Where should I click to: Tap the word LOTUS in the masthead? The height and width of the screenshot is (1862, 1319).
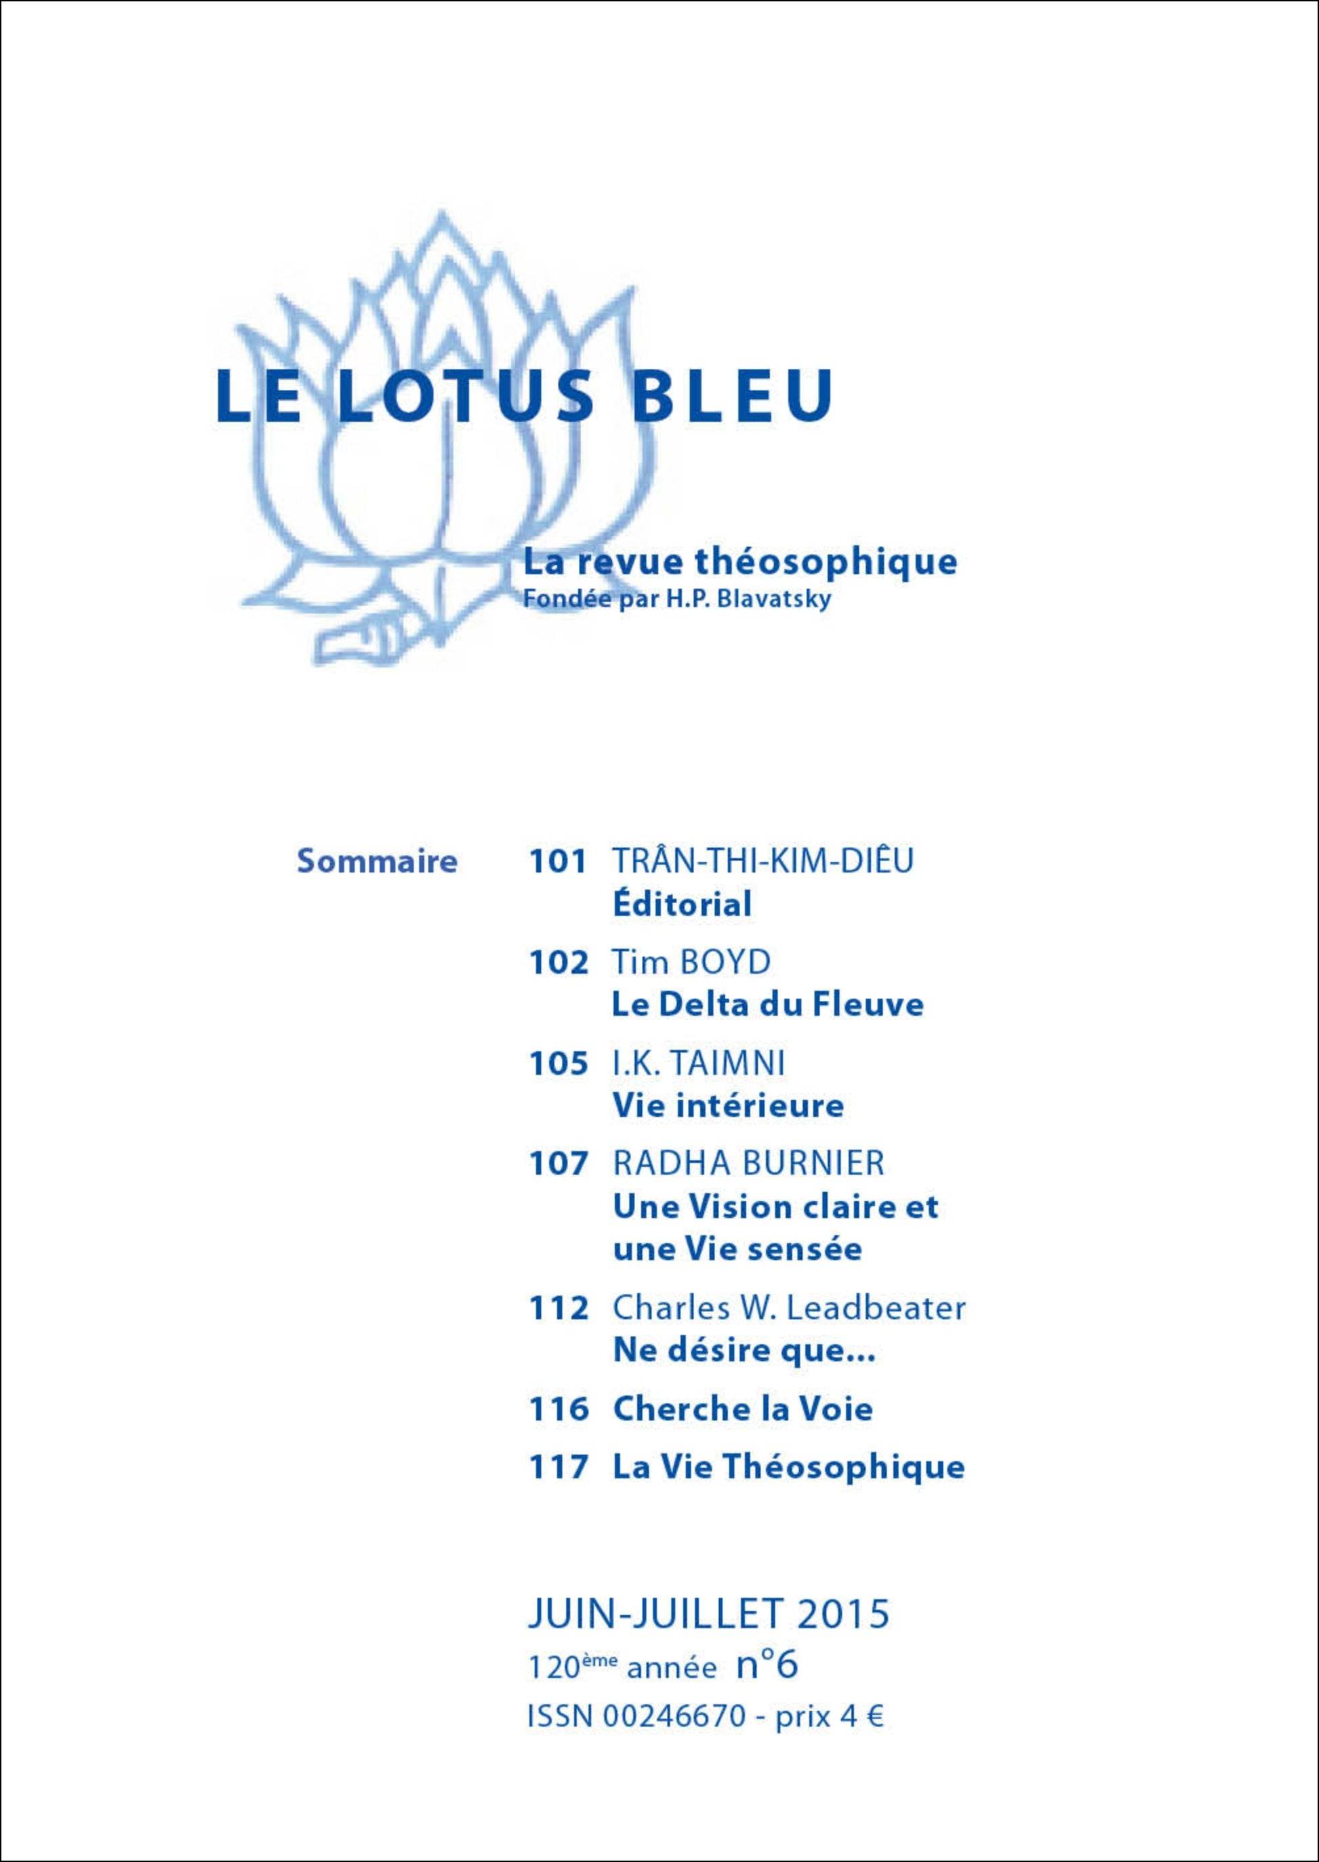460,395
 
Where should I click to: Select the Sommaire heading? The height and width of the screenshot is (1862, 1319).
377,860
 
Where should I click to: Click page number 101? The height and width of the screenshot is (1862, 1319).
557,861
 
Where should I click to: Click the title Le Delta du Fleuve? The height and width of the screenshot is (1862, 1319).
767,1005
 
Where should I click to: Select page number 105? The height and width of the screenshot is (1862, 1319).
558,1063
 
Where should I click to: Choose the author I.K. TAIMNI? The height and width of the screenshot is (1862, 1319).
699,1063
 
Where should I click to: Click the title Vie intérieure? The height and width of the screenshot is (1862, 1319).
728,1106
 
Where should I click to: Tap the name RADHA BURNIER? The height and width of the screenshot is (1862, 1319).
748,1164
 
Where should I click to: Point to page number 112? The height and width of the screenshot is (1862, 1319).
558,1309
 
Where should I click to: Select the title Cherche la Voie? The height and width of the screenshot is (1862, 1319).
742,1408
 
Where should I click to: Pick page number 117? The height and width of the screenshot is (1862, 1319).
558,1467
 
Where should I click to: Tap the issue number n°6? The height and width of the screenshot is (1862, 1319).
767,1665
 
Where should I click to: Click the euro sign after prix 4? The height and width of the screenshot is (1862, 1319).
874,1718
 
